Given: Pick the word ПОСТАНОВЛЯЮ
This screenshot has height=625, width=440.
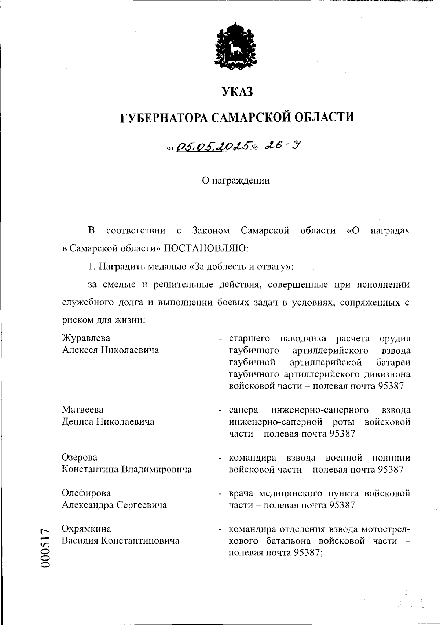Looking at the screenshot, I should point(206,248).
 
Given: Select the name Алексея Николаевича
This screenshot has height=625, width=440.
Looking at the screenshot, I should point(110,350).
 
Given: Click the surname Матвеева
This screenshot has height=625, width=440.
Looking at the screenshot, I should point(82,409).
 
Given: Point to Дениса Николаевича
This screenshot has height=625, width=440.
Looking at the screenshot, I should point(108,421).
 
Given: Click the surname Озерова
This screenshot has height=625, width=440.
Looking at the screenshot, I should point(80,457).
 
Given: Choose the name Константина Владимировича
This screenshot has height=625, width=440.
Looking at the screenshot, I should point(126,469).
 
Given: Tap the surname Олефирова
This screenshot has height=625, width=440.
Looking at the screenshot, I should point(86,493).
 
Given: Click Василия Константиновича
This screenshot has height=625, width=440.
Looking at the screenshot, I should point(121,541).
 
